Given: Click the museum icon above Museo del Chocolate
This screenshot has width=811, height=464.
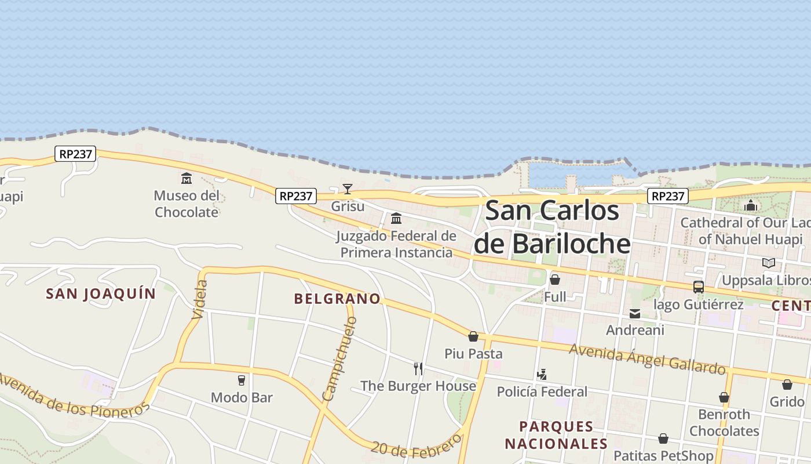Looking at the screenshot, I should [x=187, y=178].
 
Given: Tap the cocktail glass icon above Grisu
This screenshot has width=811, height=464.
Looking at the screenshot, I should [x=347, y=188].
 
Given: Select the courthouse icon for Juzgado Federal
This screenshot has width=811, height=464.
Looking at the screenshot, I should [x=396, y=219].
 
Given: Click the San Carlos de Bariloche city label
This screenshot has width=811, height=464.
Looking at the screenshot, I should [x=552, y=227].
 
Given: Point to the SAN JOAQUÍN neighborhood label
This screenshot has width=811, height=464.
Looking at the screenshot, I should [x=101, y=293].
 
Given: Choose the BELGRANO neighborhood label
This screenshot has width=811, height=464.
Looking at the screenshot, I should [x=337, y=299].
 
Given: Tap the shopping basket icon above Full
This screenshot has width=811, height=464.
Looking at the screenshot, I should [x=555, y=280].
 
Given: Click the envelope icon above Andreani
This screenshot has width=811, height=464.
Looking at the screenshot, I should [x=635, y=314].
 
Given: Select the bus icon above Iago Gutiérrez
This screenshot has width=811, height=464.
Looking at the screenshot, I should [x=699, y=287].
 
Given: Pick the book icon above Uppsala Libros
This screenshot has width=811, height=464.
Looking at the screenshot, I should [x=769, y=263].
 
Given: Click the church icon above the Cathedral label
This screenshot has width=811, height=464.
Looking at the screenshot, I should [x=751, y=205].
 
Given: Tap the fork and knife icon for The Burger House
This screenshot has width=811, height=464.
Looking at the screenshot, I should [x=418, y=368].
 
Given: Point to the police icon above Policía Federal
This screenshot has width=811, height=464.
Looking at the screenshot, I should [x=542, y=375].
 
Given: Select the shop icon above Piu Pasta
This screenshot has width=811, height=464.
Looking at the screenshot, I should [x=473, y=336].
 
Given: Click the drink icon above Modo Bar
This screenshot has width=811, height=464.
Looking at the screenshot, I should [x=242, y=380].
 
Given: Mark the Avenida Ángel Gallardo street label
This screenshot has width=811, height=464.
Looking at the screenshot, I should [x=647, y=358].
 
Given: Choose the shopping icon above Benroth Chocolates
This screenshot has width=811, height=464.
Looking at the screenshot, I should [x=724, y=397].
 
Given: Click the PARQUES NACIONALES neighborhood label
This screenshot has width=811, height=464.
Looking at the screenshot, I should [x=556, y=435].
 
